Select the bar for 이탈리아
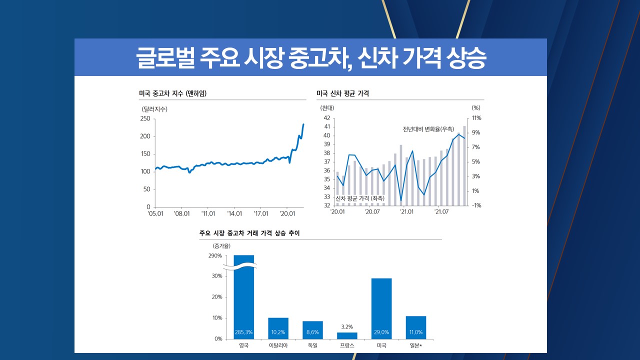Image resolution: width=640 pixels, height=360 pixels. (x=278, y=328)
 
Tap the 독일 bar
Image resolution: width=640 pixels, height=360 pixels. (x=312, y=329)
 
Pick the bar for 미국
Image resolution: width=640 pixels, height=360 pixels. (x=381, y=308)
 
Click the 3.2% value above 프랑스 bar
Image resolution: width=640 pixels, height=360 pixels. (x=347, y=326)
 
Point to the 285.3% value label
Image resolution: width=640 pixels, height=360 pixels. (x=244, y=332)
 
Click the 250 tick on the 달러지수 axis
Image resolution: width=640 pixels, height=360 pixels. (x=145, y=118)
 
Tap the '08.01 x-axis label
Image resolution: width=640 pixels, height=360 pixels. (x=182, y=213)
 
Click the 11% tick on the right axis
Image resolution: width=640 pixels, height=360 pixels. (x=476, y=118)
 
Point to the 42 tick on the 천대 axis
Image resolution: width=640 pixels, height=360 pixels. (x=327, y=118)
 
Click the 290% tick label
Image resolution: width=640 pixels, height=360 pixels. (x=215, y=256)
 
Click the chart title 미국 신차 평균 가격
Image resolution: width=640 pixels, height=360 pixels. (x=342, y=93)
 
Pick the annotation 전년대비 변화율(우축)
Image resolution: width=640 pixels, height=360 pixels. (x=428, y=129)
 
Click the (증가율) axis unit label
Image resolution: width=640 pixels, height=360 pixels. (x=221, y=245)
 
